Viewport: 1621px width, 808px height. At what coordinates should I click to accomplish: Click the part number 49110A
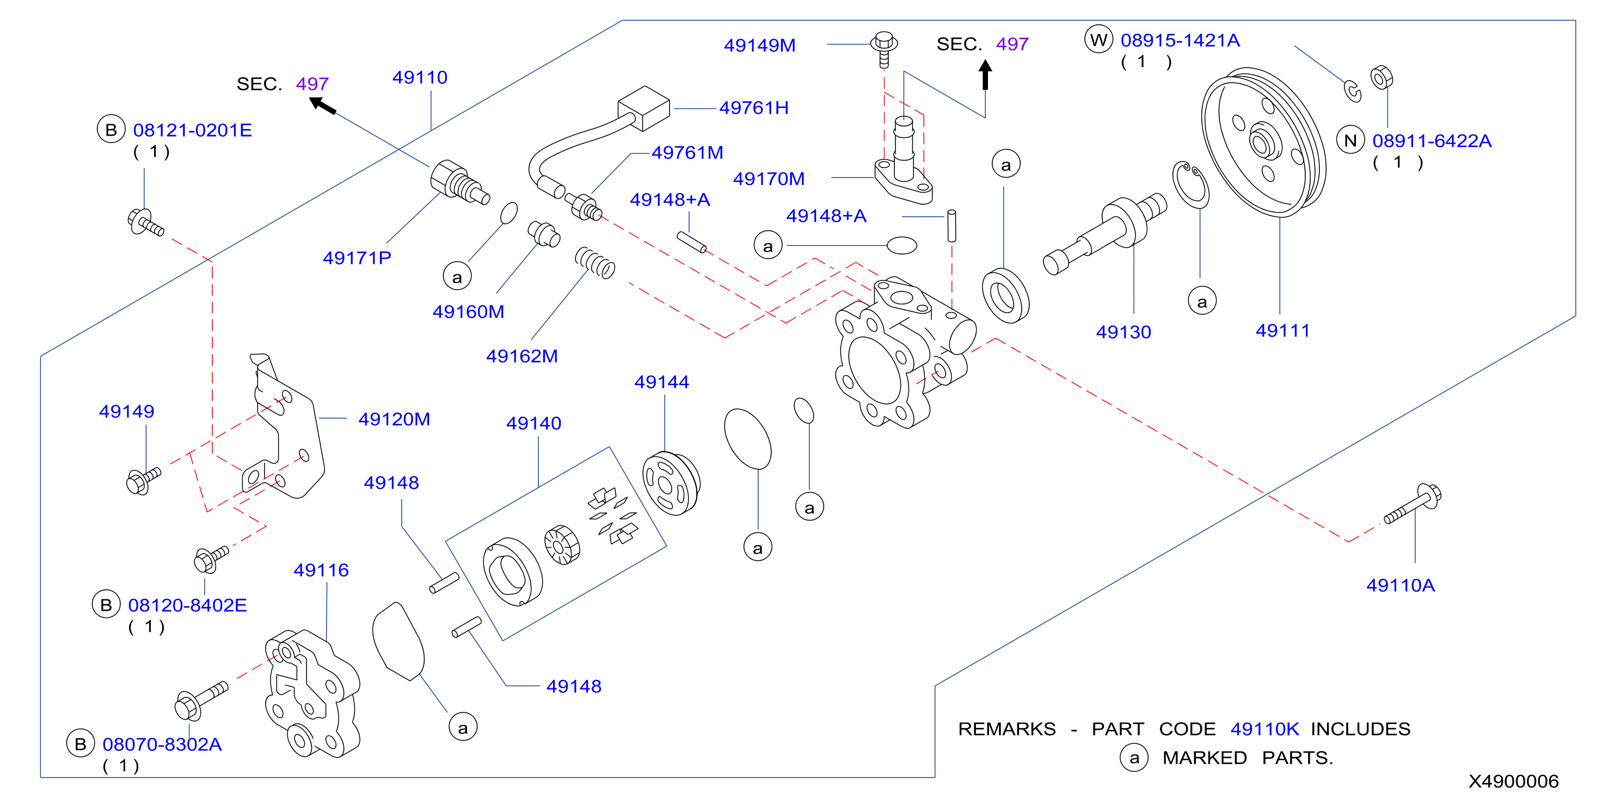pos(1400,585)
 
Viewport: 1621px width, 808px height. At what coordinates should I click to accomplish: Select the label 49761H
pos(754,108)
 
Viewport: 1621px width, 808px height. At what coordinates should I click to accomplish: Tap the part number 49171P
pos(357,258)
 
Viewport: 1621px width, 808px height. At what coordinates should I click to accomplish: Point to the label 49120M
pos(394,419)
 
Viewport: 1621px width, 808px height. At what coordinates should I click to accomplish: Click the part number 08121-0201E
pos(193,130)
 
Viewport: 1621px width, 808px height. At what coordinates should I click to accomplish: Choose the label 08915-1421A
pos(1180,40)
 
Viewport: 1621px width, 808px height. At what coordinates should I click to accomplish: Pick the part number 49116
pos(321,570)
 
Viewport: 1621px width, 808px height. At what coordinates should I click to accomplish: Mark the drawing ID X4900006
pos(1513,781)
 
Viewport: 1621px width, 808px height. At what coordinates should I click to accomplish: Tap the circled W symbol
pos(1098,40)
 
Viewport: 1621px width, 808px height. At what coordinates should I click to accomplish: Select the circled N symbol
pos(1350,140)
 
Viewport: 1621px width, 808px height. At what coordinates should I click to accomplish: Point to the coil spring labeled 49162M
pos(594,262)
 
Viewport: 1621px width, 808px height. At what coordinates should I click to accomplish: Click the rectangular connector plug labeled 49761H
pos(644,108)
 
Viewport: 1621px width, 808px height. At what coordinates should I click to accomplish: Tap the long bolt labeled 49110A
pos(1413,504)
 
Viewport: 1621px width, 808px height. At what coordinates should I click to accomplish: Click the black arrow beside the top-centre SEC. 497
pos(985,75)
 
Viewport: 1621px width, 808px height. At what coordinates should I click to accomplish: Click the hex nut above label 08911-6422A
pos(1381,78)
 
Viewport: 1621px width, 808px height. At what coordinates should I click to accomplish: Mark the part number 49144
pos(661,382)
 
